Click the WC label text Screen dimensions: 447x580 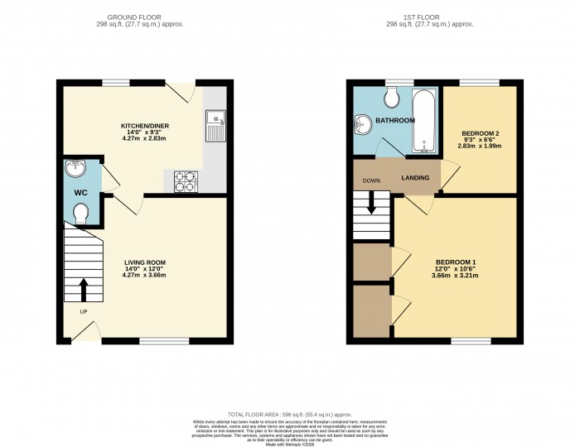point(81,193)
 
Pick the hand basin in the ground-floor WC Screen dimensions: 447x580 point(77,167)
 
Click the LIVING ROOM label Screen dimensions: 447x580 point(145,262)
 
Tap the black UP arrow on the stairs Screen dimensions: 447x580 point(83,290)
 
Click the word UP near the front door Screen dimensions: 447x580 point(84,312)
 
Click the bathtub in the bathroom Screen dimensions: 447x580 point(424,121)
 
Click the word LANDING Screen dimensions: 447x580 point(415,178)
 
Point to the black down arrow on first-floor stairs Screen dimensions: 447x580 point(371,203)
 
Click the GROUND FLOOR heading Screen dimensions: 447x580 point(133,17)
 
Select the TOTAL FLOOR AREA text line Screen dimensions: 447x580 point(289,412)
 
